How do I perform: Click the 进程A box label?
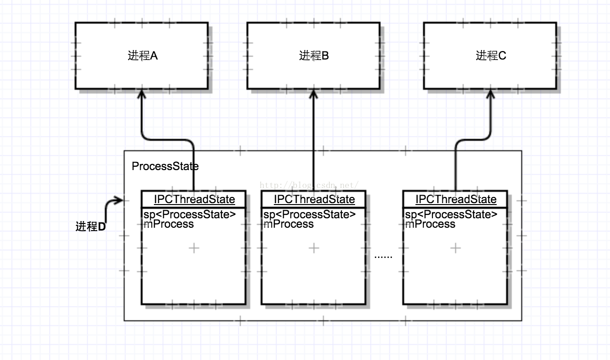coord(143,56)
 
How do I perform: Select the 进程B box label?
coord(314,56)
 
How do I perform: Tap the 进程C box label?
coord(491,56)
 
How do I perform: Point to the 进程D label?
coord(91,226)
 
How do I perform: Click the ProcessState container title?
coord(165,166)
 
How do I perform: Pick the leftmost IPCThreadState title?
coord(194,199)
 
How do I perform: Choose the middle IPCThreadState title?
coord(314,199)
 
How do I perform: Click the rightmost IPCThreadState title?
coord(456,199)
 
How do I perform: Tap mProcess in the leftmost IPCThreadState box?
coord(169,224)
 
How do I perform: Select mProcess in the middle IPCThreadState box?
coord(288,224)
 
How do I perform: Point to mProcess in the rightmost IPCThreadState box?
coord(430,224)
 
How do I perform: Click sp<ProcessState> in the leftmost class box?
coord(189,214)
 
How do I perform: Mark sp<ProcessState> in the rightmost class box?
coord(451,214)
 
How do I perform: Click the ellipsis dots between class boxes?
coord(383,257)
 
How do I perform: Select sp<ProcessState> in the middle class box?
coord(309,214)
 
